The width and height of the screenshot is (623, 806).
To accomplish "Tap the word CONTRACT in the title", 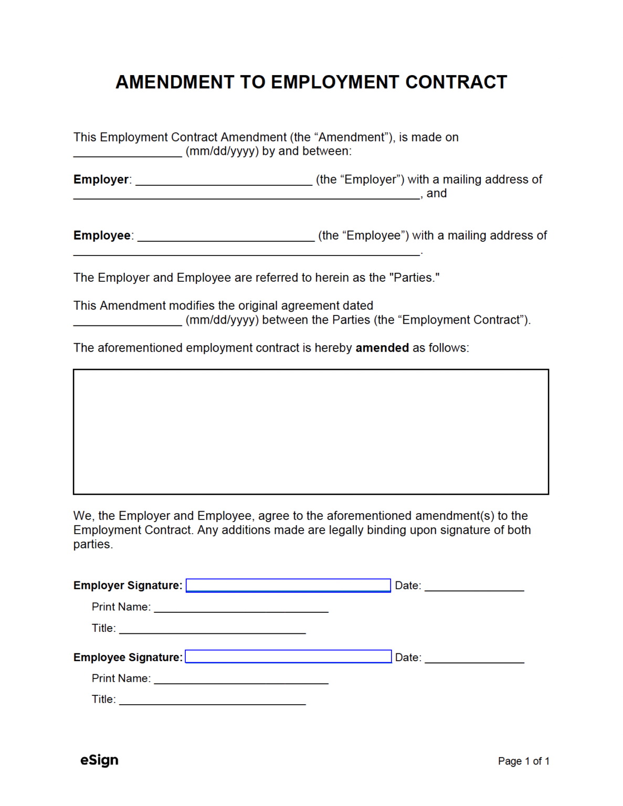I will click(x=456, y=82).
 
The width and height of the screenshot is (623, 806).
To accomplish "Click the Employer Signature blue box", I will click(x=288, y=585).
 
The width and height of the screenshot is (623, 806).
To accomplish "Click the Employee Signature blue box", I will click(x=288, y=656).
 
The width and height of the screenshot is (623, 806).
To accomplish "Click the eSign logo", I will click(x=99, y=760).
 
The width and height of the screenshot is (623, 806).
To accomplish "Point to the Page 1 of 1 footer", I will click(x=523, y=761).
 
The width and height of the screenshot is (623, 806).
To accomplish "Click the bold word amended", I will click(x=382, y=348).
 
